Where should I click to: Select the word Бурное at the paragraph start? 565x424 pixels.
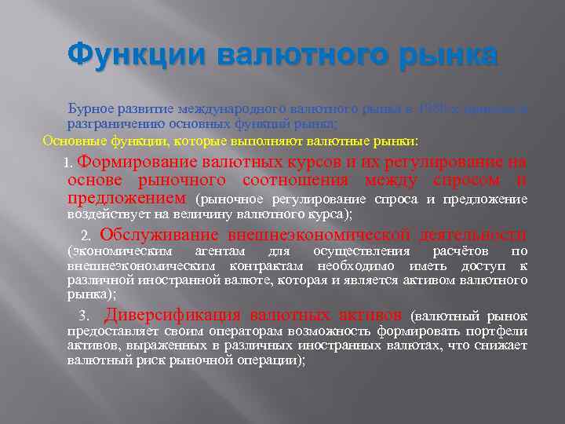pos(92,109)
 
